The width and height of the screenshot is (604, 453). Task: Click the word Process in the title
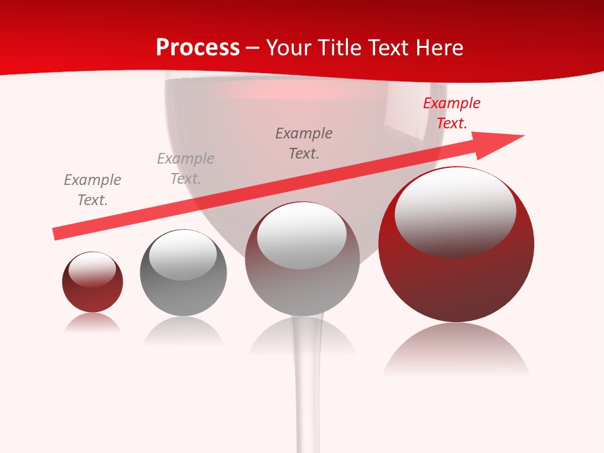coord(198,48)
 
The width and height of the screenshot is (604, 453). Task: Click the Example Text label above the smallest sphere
coord(92,189)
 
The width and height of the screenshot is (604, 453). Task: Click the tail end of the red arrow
coord(57,233)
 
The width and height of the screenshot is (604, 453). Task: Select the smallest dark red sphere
coord(92,296)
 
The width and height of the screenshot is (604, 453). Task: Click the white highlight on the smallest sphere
coord(92,269)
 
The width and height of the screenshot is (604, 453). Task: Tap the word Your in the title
coord(289,48)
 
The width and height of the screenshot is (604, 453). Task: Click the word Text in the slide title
coord(387,48)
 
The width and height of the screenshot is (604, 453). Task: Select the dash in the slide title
coord(253,48)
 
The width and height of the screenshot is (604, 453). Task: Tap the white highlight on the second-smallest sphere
coord(183,254)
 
